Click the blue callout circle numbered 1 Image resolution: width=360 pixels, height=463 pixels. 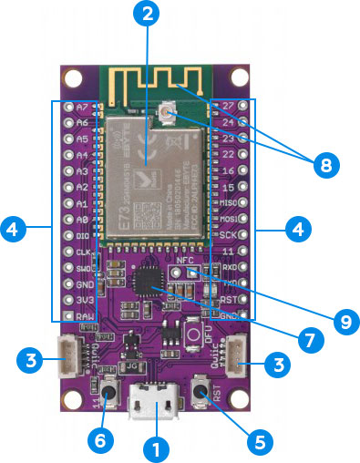click(x=156, y=448)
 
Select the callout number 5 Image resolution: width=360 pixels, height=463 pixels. click(x=260, y=441)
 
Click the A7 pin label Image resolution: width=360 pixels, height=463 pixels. click(x=83, y=107)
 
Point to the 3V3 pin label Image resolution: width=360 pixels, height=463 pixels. click(x=83, y=299)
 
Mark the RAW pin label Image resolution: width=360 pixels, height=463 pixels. click(x=85, y=315)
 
